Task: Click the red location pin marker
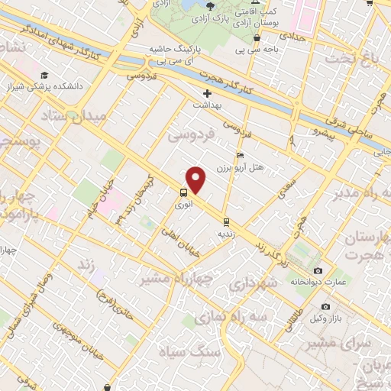coord(196,180)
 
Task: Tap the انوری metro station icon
coord(184,193)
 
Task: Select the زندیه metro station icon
coord(227,221)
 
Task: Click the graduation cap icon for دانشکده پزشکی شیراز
coord(44,76)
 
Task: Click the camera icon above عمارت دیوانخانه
coord(318,270)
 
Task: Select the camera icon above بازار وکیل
coord(326,306)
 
